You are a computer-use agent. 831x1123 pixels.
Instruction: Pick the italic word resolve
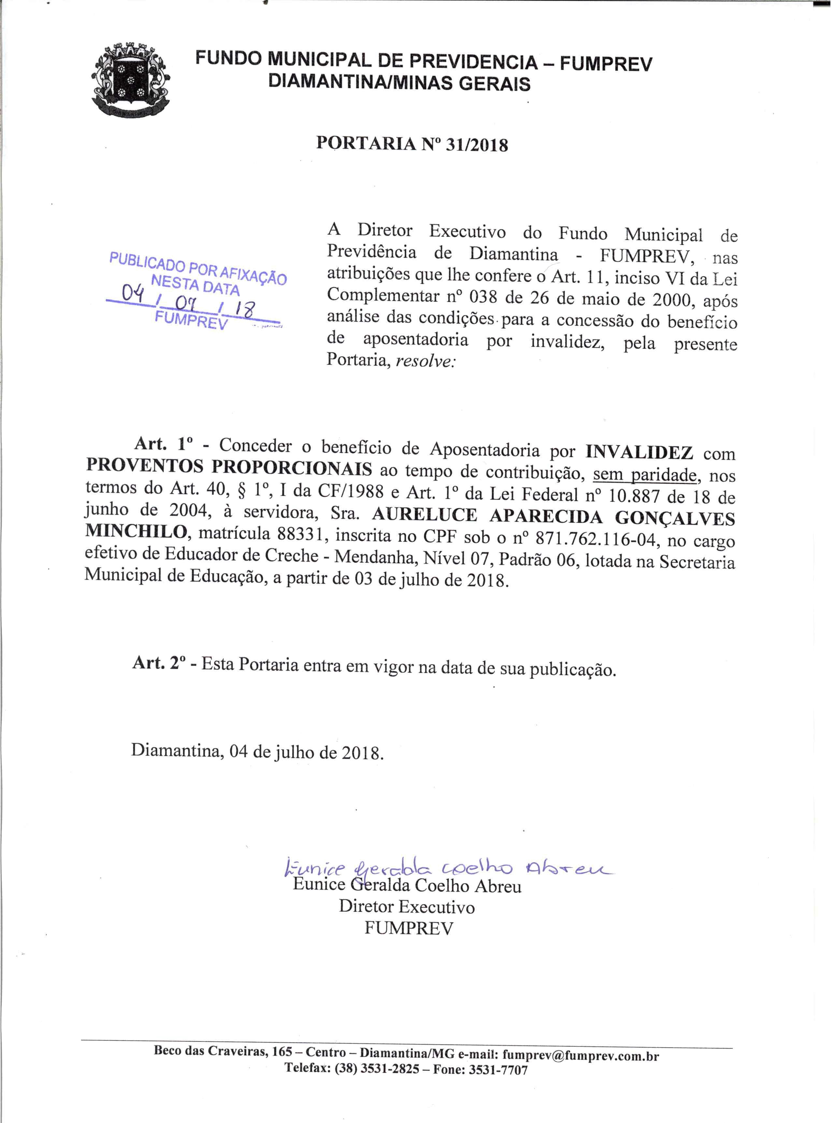click(425, 362)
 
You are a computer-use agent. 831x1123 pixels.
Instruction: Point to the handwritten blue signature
click(448, 867)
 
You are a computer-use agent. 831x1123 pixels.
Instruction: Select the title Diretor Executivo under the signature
click(407, 907)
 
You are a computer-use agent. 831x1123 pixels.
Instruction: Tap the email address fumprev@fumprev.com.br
click(580, 1056)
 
